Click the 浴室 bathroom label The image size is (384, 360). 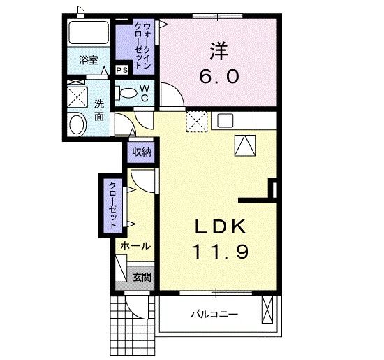click(88, 60)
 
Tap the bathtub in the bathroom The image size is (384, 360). click(89, 33)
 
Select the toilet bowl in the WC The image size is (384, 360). click(126, 93)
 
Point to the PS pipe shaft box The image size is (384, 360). click(121, 71)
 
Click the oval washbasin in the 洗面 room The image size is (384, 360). click(77, 124)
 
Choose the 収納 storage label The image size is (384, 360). click(141, 152)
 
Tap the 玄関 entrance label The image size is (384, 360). click(142, 278)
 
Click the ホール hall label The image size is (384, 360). click(135, 246)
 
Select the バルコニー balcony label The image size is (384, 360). click(214, 314)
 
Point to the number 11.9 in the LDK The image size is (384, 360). click(221, 252)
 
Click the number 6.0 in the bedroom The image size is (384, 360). click(219, 76)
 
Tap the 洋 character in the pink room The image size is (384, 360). click(219, 52)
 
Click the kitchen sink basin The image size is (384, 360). click(226, 121)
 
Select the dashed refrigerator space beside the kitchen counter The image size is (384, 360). click(197, 122)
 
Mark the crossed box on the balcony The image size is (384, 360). click(267, 310)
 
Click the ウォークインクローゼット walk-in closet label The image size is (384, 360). click(143, 46)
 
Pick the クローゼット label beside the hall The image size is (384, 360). click(112, 206)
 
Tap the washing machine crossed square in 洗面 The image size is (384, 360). click(77, 97)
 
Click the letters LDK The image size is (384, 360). click(221, 226)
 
